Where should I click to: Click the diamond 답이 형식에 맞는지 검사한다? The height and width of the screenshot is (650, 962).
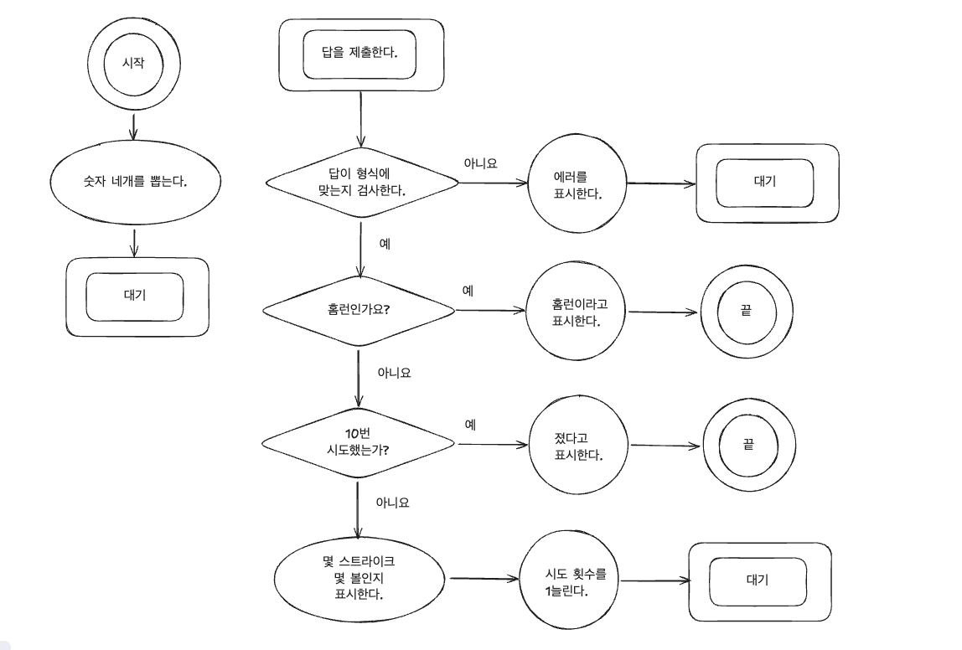tap(361, 182)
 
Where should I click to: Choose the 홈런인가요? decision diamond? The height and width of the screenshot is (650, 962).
tap(359, 309)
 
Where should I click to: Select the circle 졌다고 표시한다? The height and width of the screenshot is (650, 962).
tap(579, 446)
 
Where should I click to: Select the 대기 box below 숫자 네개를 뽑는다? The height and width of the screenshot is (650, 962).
tap(136, 297)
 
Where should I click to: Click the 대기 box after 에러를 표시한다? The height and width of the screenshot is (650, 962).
tap(767, 183)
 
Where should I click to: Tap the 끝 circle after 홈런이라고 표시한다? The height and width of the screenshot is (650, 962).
tap(745, 312)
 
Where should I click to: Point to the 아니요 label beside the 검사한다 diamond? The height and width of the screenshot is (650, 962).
tap(480, 163)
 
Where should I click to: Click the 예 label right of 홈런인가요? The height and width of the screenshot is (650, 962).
tap(468, 291)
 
